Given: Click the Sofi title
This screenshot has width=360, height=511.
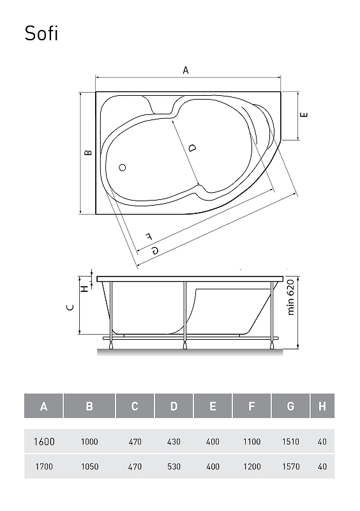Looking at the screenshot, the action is pyautogui.click(x=41, y=34).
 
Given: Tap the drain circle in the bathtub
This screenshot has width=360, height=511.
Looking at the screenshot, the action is pyautogui.click(x=122, y=167).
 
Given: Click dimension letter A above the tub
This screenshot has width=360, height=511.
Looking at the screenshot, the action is pyautogui.click(x=186, y=70).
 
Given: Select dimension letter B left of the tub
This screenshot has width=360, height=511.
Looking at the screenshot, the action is pyautogui.click(x=88, y=152).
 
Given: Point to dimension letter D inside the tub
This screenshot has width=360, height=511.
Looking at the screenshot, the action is pyautogui.click(x=192, y=148).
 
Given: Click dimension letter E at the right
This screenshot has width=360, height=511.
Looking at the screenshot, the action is pyautogui.click(x=304, y=115).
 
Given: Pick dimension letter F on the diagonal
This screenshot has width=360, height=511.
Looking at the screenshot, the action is pyautogui.click(x=149, y=236).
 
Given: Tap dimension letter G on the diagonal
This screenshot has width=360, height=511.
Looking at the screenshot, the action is pyautogui.click(x=155, y=250).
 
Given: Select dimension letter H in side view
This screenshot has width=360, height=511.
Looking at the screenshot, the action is pyautogui.click(x=84, y=289).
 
